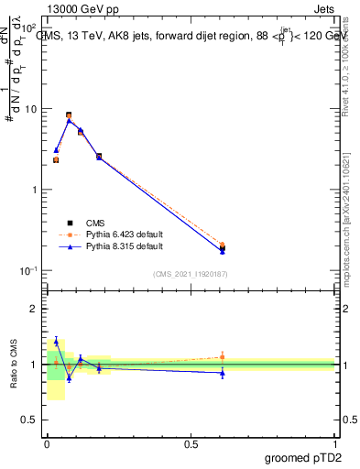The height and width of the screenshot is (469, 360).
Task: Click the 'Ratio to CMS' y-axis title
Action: tap(13, 365)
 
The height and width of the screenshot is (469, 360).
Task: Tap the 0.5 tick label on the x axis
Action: tap(191, 444)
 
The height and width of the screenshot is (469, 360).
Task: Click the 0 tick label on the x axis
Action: tap(47, 444)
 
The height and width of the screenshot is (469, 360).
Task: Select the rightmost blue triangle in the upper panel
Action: tap(223, 251)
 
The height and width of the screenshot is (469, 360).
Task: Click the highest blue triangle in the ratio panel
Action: tap(56, 342)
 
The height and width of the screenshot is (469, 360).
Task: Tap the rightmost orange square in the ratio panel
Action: tap(223, 357)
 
